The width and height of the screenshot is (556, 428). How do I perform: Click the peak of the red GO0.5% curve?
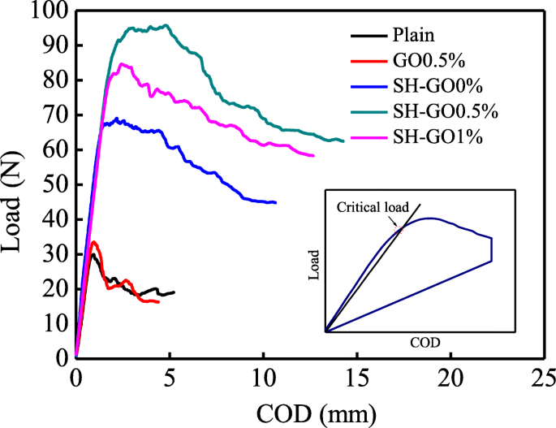[94, 242]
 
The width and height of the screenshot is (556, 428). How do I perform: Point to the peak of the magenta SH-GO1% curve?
[122, 64]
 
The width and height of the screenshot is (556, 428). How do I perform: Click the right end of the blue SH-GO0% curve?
[276, 202]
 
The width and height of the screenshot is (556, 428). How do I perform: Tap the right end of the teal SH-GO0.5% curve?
[344, 141]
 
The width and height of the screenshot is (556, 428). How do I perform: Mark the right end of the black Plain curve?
[174, 292]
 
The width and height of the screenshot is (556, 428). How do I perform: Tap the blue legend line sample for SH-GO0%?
[369, 85]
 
